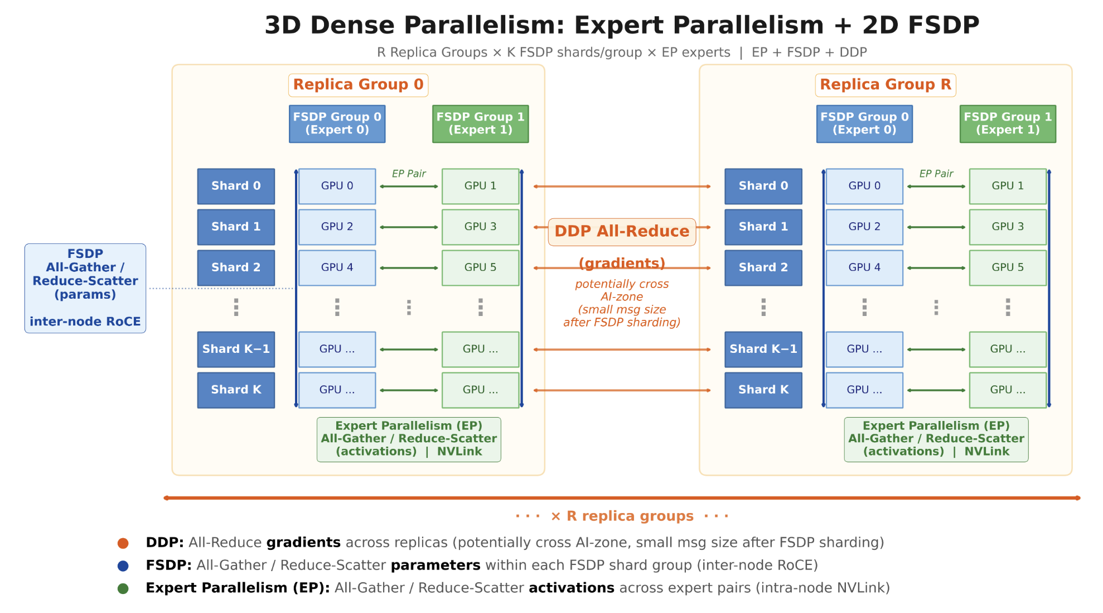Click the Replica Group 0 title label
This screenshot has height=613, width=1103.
pyautogui.click(x=358, y=85)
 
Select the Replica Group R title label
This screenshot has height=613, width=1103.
pyautogui.click(x=886, y=85)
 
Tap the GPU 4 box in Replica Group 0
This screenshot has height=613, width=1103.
pyautogui.click(x=337, y=267)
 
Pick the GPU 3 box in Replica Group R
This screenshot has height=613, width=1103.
pyautogui.click(x=1008, y=227)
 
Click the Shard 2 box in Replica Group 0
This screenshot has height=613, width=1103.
pyautogui.click(x=236, y=267)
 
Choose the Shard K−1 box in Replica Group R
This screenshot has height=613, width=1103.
pyautogui.click(x=763, y=349)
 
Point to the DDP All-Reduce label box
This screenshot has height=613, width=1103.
pyautogui.click(x=622, y=232)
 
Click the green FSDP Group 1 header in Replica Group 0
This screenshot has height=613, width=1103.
pyautogui.click(x=480, y=123)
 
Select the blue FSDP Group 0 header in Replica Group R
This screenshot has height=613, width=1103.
pyautogui.click(x=864, y=123)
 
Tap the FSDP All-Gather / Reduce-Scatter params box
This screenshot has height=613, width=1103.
pyautogui.click(x=85, y=288)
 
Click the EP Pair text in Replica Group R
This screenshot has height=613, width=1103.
pyautogui.click(x=936, y=174)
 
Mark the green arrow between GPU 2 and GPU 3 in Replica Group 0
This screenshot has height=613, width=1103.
pyautogui.click(x=409, y=227)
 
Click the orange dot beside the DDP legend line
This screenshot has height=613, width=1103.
pyautogui.click(x=123, y=543)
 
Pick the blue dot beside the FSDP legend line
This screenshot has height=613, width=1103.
pyautogui.click(x=123, y=566)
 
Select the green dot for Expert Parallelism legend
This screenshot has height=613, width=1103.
pyautogui.click(x=123, y=588)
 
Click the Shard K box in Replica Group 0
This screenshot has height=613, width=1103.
pyautogui.click(x=236, y=390)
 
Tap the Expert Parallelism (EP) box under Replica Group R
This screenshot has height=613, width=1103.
pyautogui.click(x=936, y=439)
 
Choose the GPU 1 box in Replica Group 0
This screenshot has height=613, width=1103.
pyautogui.click(x=480, y=186)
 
